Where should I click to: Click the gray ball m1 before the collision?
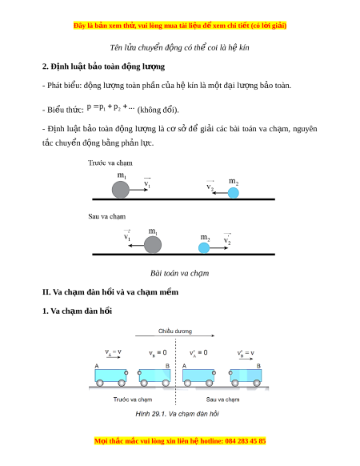pos(121,189)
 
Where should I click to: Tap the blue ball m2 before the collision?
pos(233,193)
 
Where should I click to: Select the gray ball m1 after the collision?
pos(153,245)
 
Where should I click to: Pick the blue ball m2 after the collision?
pos(204,247)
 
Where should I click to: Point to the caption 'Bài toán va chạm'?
pos(179,273)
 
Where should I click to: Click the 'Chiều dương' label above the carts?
pos(175,331)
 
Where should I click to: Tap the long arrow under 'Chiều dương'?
pos(174,335)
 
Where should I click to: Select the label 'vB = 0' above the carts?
pos(158,353)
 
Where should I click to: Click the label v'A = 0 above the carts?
pos(198,353)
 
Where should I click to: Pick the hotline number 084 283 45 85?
pos(246,440)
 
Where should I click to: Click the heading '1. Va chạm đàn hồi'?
pos(77,311)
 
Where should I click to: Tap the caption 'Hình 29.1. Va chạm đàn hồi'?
pos(177,414)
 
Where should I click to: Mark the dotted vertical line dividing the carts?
pos(175,372)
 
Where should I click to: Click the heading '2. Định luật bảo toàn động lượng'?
pos(103,66)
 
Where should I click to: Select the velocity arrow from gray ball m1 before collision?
pos(138,190)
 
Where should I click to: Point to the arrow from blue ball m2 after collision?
pos(219,248)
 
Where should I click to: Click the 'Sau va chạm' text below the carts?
pos(222,400)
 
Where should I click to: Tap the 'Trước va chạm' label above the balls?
pos(110,163)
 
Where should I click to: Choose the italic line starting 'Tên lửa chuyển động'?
pos(179,47)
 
